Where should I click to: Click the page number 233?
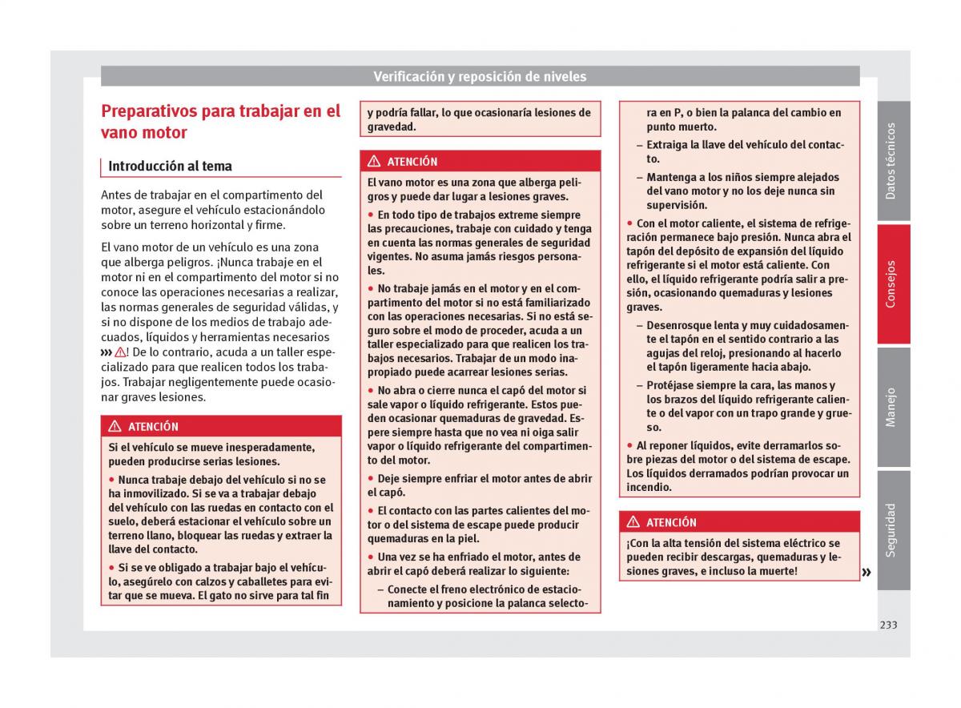click(887, 625)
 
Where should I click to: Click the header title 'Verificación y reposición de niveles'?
click(480, 77)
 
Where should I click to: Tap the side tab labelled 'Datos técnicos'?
click(892, 161)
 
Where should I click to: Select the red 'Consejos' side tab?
click(892, 284)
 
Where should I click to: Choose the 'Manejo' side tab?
click(892, 407)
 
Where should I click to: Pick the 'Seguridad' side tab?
click(892, 529)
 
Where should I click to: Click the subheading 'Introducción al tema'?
click(170, 167)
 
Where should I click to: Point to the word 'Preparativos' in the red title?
click(149, 111)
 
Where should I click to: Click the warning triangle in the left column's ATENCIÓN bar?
click(115, 427)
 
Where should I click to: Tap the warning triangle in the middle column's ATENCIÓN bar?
click(373, 162)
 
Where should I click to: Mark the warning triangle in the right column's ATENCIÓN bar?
click(633, 522)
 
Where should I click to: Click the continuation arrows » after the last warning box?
click(867, 572)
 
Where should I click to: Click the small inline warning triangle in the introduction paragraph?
click(120, 352)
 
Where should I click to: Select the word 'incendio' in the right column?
click(649, 488)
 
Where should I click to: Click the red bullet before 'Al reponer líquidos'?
click(630, 445)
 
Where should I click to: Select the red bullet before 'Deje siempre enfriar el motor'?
click(371, 479)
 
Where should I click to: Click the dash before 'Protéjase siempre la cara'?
click(639, 385)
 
